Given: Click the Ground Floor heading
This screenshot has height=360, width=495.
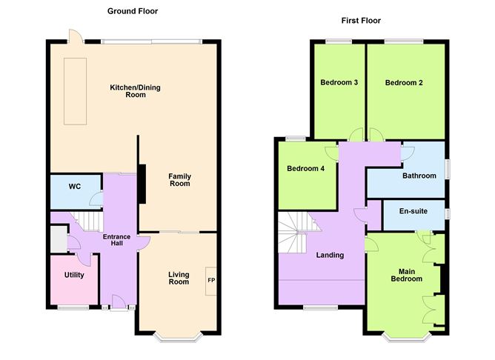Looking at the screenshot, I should (x=133, y=11).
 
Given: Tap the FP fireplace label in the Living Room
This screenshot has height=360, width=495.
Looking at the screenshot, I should (x=211, y=280).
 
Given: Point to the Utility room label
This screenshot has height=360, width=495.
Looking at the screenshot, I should (x=74, y=276).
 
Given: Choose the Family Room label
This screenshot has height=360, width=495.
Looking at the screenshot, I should (x=180, y=179).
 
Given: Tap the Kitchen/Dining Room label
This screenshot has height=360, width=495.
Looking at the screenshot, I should (x=135, y=91).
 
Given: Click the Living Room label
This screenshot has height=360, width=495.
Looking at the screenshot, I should (x=179, y=277).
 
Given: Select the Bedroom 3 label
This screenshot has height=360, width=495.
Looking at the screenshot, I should (x=339, y=82).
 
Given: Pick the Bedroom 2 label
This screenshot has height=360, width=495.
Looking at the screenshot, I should (x=404, y=82).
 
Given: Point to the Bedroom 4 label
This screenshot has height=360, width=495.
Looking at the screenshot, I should (x=306, y=169).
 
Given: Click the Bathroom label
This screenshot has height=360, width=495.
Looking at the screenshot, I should (x=419, y=176).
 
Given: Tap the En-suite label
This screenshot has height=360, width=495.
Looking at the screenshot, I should (x=413, y=211).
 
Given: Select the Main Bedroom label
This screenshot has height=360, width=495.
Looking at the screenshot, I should (x=407, y=275).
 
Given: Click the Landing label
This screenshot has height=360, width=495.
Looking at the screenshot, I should (x=330, y=256).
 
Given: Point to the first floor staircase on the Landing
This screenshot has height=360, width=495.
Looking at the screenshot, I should (x=295, y=233).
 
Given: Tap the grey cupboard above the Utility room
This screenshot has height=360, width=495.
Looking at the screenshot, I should (x=58, y=240).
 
